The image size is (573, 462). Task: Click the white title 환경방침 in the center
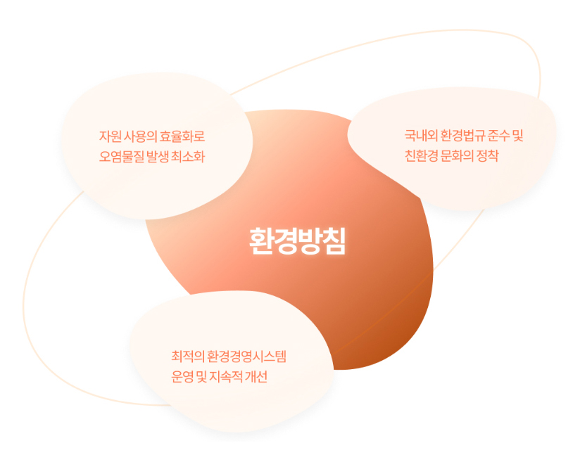[297, 241]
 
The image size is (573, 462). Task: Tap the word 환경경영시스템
[246, 357]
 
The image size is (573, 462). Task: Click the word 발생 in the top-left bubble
[157, 157]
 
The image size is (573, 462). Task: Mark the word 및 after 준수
[518, 136]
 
